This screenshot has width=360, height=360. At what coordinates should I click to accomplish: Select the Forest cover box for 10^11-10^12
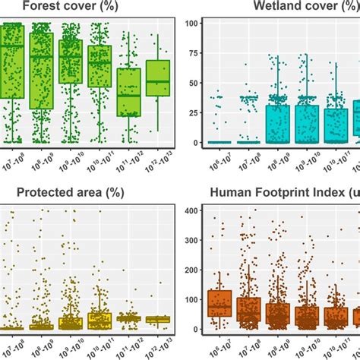click(129, 92)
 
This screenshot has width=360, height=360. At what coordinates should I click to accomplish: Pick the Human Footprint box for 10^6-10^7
click(219, 302)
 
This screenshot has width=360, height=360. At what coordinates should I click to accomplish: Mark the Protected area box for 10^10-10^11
click(99, 321)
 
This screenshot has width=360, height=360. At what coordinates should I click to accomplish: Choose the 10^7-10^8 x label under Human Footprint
click(247, 346)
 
